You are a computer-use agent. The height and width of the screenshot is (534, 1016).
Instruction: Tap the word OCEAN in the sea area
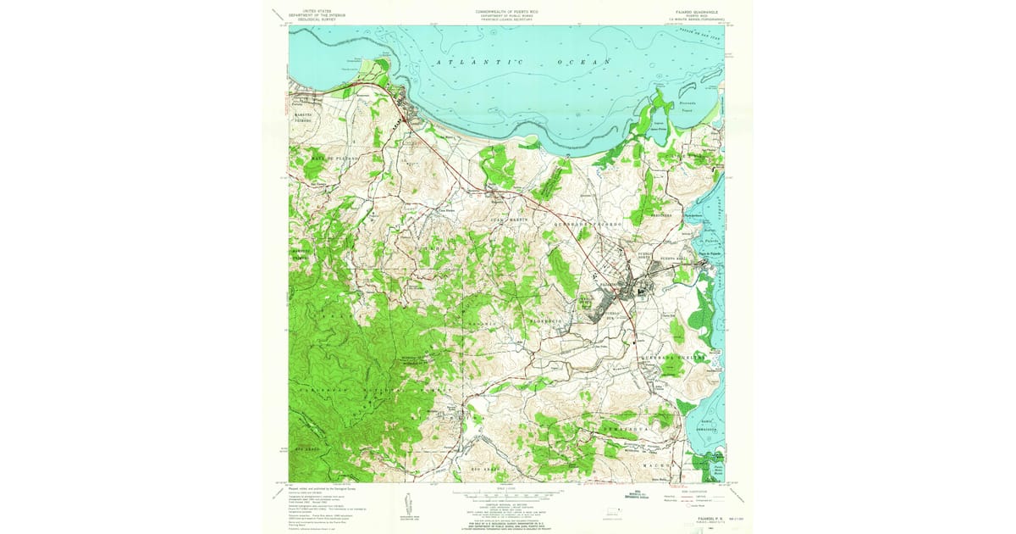tap(583, 63)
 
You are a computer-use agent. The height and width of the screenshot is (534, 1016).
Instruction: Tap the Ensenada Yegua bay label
tap(693, 108)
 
